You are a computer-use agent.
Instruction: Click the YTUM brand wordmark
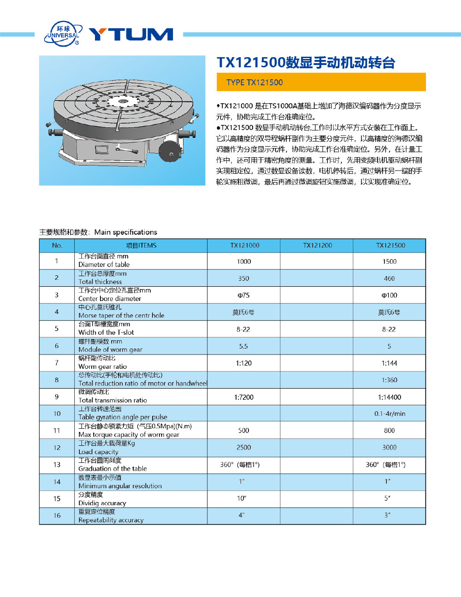pos(131,35)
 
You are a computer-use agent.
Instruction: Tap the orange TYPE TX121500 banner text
pos(254,83)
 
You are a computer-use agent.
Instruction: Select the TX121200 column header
pos(317,245)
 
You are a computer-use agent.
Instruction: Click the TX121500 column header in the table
pos(390,245)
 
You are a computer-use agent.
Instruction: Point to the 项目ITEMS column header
pos(141,245)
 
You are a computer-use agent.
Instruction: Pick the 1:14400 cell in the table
pos(390,397)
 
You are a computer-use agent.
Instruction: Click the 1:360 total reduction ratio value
pos(390,380)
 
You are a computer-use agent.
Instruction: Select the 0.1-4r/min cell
pos(390,414)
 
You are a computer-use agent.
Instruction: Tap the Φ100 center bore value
pos(390,295)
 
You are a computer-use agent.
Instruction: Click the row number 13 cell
pos(57,464)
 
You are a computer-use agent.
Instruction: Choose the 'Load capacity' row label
pos(98,452)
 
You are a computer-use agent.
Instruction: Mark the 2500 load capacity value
pos(244,447)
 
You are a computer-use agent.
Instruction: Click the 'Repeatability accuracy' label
pos(111,520)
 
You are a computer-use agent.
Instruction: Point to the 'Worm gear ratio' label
pos(102,366)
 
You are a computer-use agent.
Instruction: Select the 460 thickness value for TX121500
pos(390,278)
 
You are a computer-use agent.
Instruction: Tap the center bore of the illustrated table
pos(123,101)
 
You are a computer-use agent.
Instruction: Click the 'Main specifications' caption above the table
pos(125,232)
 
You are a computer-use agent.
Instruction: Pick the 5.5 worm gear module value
pos(243,346)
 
